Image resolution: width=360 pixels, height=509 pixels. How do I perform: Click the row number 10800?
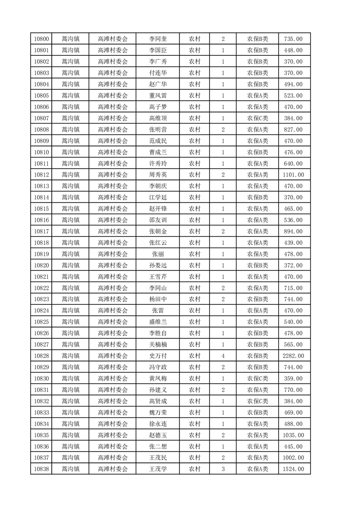[x=41, y=39]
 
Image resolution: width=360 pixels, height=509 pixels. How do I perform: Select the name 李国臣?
[x=158, y=50]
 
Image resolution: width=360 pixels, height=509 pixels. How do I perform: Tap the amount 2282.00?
[x=293, y=356]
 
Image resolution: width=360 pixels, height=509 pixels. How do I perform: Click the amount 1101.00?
[x=293, y=175]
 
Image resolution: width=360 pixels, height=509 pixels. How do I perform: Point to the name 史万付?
[x=158, y=356]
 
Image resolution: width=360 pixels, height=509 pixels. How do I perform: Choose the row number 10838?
[x=41, y=469]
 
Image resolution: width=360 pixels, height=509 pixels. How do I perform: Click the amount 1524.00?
[x=293, y=469]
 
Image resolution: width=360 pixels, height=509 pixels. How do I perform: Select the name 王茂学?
[x=158, y=469]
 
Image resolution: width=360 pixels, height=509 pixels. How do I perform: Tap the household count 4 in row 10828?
[x=223, y=356]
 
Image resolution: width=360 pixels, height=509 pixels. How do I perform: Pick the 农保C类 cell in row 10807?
[x=257, y=118]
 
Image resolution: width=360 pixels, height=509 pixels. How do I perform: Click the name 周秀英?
[x=158, y=175]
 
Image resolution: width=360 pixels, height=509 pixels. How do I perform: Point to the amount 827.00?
[x=293, y=130]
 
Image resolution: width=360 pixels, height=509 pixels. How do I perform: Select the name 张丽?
[x=158, y=254]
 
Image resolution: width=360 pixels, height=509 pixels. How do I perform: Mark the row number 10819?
[x=41, y=254]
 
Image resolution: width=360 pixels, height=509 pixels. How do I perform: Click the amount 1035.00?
[x=293, y=435]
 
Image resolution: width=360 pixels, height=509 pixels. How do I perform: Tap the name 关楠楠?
[x=158, y=345]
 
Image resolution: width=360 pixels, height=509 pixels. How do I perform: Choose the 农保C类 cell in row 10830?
[x=257, y=378]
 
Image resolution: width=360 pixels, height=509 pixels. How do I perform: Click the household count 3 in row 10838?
[x=223, y=469]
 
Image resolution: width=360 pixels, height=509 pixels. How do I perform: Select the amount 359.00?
[x=293, y=378]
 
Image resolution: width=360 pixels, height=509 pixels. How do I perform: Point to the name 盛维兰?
[x=158, y=322]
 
